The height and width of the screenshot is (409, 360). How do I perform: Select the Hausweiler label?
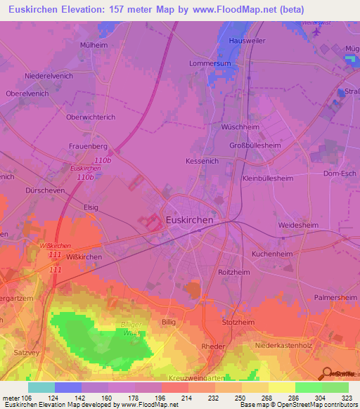point(245,41)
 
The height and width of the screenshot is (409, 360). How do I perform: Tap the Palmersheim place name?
point(335,297)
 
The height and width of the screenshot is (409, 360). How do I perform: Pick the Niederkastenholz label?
point(286,345)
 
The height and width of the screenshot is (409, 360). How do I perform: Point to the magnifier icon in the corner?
point(328,373)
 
